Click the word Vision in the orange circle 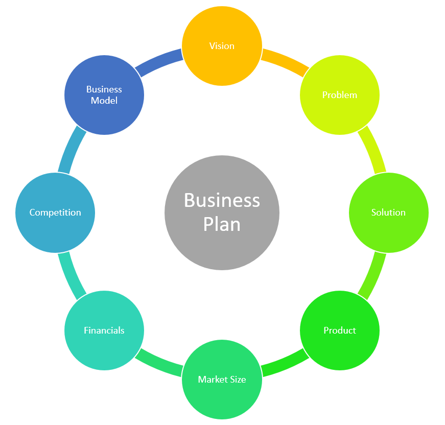pyautogui.click(x=222, y=46)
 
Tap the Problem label pyautogui.click(x=340, y=95)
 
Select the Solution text pyautogui.click(x=388, y=212)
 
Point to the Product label pyautogui.click(x=340, y=330)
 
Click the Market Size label pyautogui.click(x=222, y=380)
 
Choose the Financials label pyautogui.click(x=104, y=330)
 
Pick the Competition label pyautogui.click(x=55, y=212)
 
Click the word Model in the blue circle pyautogui.click(x=104, y=101)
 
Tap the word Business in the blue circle pyautogui.click(x=104, y=89)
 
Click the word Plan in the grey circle pyautogui.click(x=222, y=224)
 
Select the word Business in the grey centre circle pyautogui.click(x=222, y=200)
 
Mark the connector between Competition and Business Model pyautogui.click(x=70, y=150)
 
